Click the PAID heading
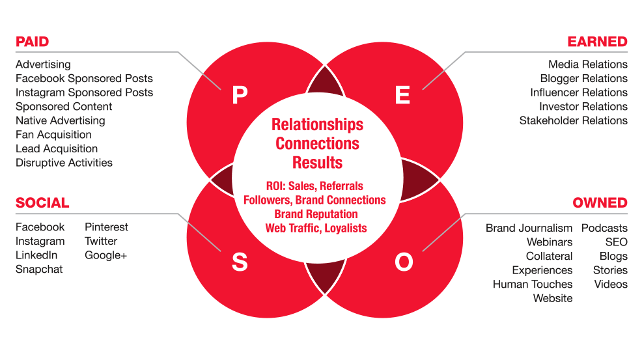33,42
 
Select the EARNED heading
597,42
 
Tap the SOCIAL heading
42,202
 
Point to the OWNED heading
600,202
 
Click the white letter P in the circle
240,95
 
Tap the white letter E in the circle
402,95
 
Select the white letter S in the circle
240,262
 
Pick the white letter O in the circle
404,262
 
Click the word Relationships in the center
317,125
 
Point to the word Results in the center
317,163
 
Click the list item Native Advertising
60,121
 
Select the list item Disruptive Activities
64,163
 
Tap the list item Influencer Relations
579,92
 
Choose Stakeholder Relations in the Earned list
573,120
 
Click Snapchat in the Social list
39,270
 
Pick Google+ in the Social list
105,255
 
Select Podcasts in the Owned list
604,228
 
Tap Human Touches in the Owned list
533,284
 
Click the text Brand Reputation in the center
316,214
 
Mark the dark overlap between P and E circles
325,82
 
